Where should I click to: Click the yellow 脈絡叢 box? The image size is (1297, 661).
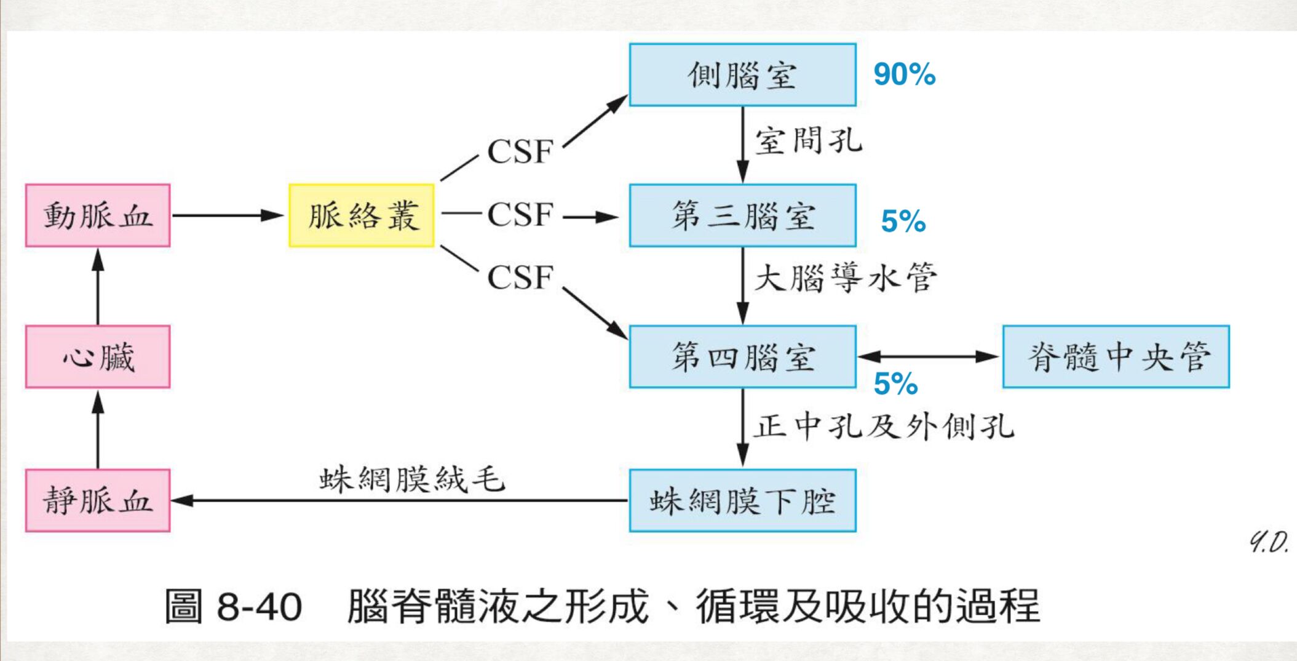[x=362, y=215]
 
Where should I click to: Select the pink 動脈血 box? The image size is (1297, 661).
[x=98, y=215]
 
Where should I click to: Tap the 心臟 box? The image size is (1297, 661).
[x=98, y=357]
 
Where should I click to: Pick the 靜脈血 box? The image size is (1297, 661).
[x=98, y=500]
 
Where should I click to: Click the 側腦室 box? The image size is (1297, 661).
[x=742, y=74]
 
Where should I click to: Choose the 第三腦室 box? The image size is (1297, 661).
[x=742, y=215]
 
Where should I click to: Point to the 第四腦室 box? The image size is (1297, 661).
[x=742, y=357]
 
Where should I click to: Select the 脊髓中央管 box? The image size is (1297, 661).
[x=1116, y=357]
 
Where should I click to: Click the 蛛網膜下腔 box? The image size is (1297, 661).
[x=742, y=500]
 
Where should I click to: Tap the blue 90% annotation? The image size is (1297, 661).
[x=904, y=74]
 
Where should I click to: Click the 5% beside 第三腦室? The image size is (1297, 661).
[x=903, y=221]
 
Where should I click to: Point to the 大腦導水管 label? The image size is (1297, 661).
[x=846, y=278]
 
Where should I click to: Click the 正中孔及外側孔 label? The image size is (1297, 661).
[x=884, y=426]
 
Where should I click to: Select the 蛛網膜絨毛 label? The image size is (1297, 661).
[x=412, y=479]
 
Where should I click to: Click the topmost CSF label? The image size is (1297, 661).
[x=520, y=151]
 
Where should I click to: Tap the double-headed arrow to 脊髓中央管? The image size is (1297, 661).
[x=929, y=356]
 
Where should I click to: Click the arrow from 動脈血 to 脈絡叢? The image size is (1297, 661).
[x=228, y=215]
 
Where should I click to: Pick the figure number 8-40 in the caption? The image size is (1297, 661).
[x=259, y=607]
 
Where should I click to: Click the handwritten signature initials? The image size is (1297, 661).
[x=1268, y=543]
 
